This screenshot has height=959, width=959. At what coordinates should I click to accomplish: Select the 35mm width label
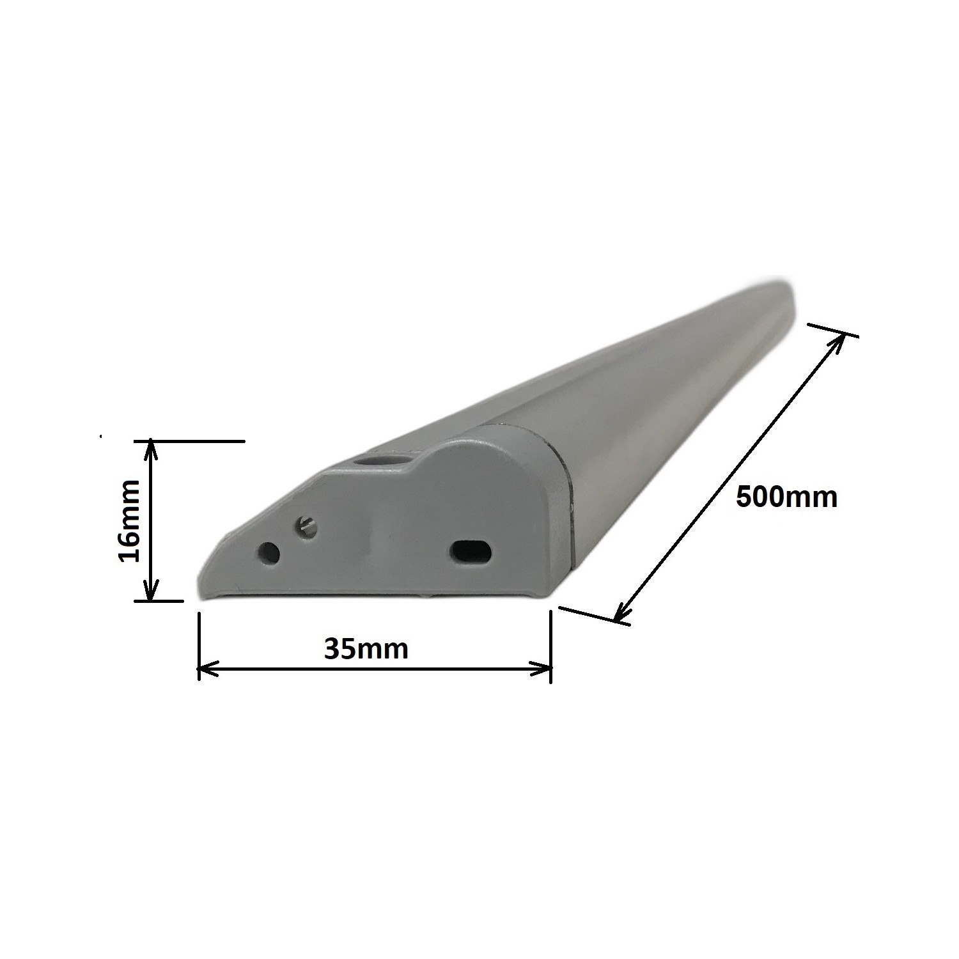coord(366,649)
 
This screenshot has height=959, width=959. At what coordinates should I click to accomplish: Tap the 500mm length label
coord(786,497)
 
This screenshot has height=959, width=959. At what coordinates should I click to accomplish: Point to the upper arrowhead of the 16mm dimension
coord(150,448)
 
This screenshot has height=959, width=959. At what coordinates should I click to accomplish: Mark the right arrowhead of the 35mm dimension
coord(543,670)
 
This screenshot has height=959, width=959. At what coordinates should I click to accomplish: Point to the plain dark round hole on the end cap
coord(269,553)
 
